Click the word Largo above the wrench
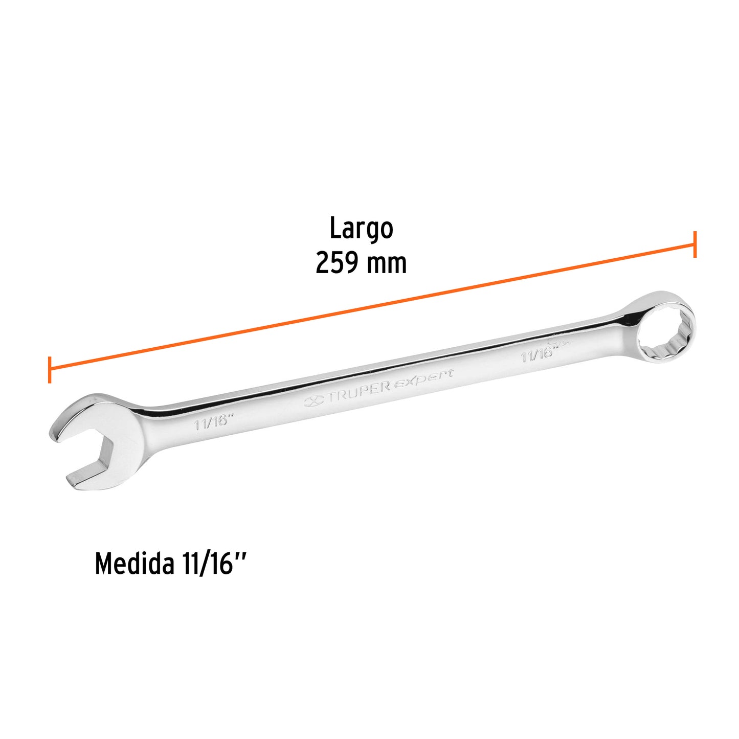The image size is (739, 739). point(361,229)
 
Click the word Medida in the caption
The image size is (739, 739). point(133,564)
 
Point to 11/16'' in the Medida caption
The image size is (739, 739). point(214,564)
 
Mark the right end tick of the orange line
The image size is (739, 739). point(695,244)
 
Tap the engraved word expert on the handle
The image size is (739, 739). point(423,378)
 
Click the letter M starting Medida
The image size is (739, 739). point(104,564)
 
